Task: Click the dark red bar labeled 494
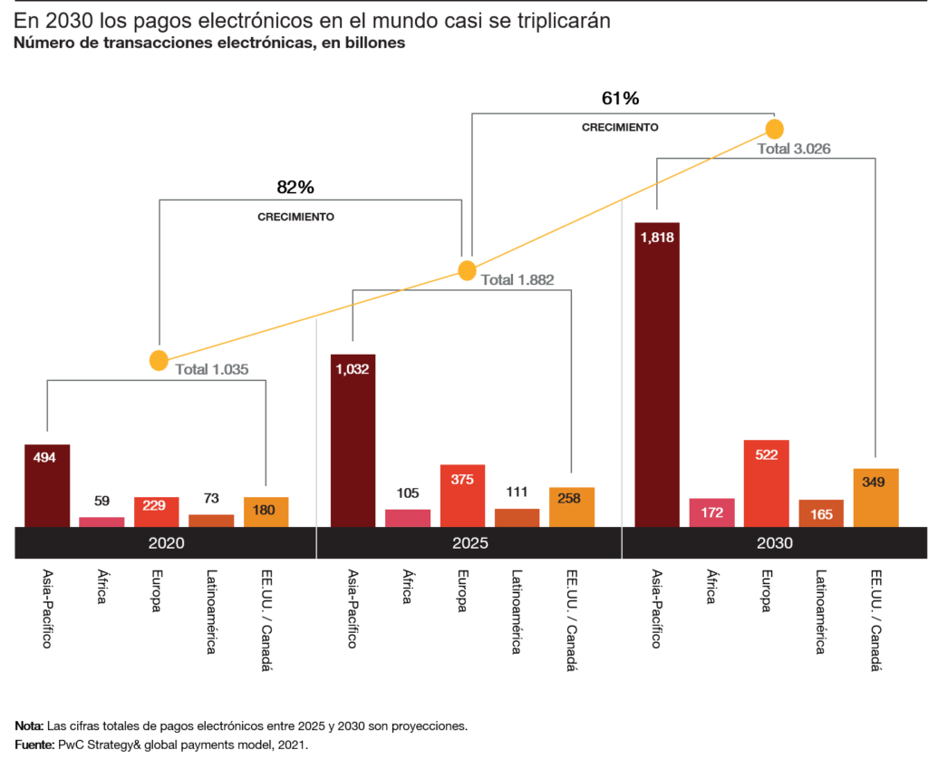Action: click(47, 485)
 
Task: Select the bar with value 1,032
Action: click(353, 440)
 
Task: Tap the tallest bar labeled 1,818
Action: click(657, 375)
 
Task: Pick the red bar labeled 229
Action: click(156, 512)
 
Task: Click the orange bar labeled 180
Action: click(266, 512)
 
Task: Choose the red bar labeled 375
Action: click(462, 495)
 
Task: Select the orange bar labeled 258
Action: click(571, 506)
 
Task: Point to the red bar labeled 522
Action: click(767, 483)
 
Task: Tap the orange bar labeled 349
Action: click(875, 497)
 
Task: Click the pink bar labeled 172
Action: click(711, 512)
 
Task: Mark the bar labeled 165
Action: click(821, 513)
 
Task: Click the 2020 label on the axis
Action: click(166, 544)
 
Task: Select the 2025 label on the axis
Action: click(470, 544)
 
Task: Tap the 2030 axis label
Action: click(775, 544)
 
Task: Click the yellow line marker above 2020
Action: click(159, 361)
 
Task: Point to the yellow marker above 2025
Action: click(467, 270)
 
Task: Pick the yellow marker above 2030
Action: click(774, 129)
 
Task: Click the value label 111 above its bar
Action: click(517, 492)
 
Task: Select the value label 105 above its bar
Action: click(408, 493)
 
